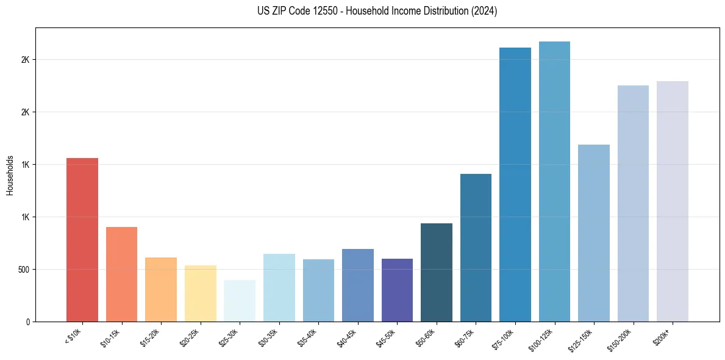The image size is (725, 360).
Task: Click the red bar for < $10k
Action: pos(82,240)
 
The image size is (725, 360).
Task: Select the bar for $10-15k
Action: pos(121,274)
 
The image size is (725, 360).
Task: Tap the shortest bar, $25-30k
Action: pos(240,301)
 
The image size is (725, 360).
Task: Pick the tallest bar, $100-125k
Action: pos(554,182)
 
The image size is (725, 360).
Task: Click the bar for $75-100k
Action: pos(515,185)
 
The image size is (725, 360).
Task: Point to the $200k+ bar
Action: pos(672,201)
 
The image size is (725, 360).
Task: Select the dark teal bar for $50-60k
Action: pos(437,272)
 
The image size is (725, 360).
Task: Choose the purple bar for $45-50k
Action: pos(397,290)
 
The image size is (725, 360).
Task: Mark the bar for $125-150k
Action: pos(594,233)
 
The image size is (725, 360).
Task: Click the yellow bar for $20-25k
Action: pos(200,293)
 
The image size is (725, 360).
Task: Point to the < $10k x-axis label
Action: pos(73,336)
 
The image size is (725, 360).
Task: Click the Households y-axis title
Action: pos(10,175)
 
